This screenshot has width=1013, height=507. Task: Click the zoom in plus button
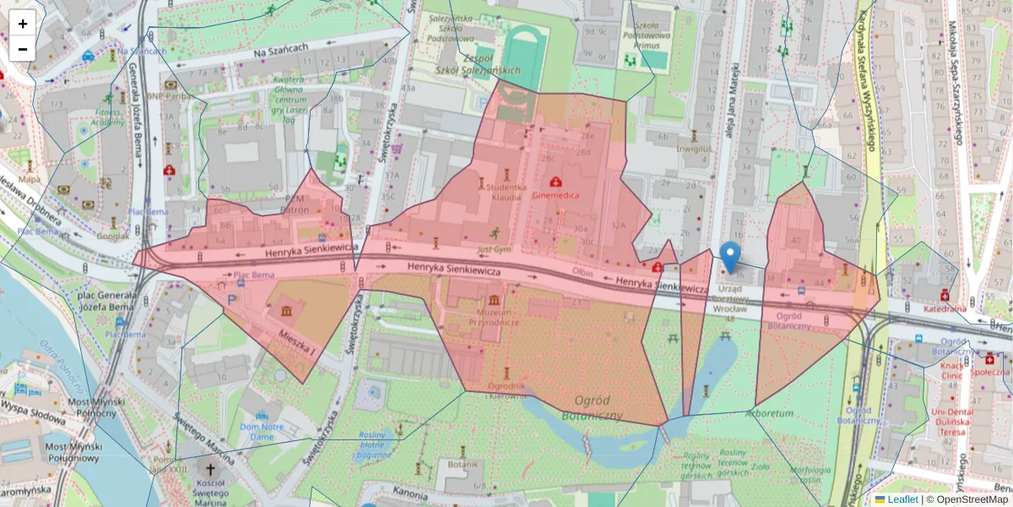(23, 24)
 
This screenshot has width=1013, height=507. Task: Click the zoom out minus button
(23, 49)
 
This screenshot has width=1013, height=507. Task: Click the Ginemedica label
(555, 194)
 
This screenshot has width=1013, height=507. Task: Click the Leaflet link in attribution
(902, 499)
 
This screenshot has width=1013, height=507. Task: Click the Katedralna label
(945, 308)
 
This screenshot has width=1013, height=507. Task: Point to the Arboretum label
(770, 414)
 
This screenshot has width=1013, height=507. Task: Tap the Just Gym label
(495, 250)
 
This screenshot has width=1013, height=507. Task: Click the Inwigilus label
(694, 150)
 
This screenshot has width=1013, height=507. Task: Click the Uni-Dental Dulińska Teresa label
(952, 422)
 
